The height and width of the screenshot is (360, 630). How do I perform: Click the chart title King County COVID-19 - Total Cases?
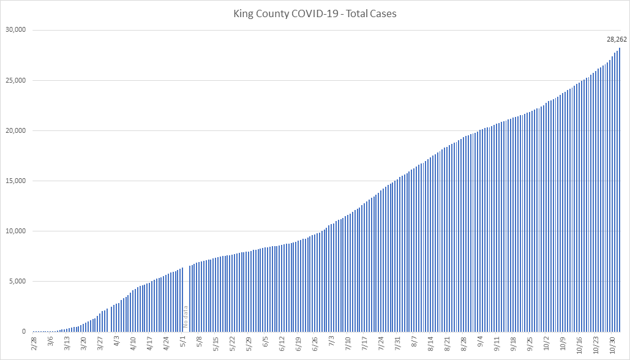click(x=314, y=13)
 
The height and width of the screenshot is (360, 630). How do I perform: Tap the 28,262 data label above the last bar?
click(x=617, y=39)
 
